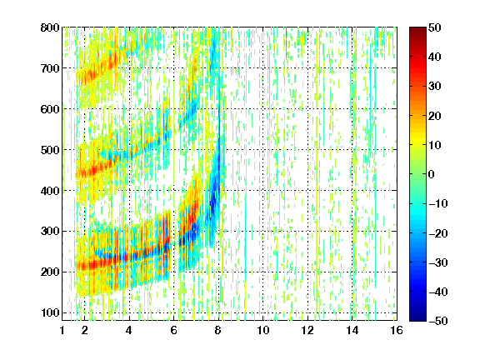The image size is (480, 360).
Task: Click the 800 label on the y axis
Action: point(50,27)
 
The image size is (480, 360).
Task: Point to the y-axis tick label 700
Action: point(50,68)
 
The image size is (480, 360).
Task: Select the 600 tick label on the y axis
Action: point(50,109)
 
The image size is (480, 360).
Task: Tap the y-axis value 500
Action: point(50,150)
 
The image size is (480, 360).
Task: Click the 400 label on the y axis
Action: point(50,191)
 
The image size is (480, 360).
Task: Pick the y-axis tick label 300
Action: point(50,232)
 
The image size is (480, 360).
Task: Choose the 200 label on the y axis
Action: point(50,272)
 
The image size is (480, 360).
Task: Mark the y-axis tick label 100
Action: point(50,312)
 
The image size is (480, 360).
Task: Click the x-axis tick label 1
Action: point(62,330)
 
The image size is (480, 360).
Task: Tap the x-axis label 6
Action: point(174,330)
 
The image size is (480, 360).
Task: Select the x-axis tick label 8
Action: point(218,330)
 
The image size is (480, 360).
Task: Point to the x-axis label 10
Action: point(263,330)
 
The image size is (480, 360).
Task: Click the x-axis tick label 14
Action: point(352,330)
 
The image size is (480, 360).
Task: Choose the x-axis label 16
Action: point(397,330)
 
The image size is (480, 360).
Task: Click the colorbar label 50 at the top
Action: point(435,27)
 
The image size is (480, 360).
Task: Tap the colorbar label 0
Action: point(432,174)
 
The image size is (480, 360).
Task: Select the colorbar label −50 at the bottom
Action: point(438,321)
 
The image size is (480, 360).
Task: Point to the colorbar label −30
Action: point(438,262)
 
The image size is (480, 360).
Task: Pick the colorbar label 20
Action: point(435,116)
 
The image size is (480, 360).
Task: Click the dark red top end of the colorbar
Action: point(417,29)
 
